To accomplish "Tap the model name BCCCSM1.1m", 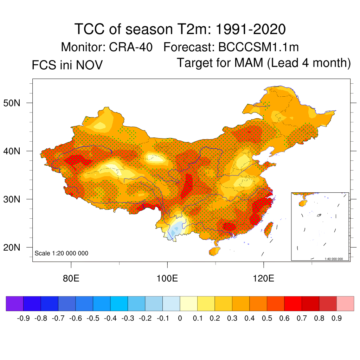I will (259, 47).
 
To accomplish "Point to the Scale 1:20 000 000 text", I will (62, 253).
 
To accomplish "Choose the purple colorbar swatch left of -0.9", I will (14, 304).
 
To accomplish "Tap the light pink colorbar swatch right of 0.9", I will (345, 304).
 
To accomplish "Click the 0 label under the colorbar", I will (180, 319).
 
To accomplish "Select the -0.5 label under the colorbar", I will (93, 319).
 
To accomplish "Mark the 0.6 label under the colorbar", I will (284, 319).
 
